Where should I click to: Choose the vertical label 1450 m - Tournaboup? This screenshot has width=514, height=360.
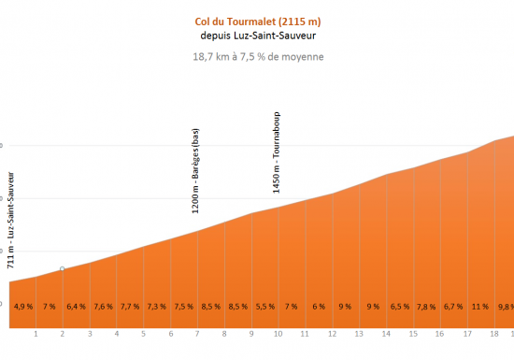click(277, 152)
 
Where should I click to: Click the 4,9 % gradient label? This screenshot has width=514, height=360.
click(23, 306)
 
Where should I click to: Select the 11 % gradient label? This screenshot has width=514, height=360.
click(480, 306)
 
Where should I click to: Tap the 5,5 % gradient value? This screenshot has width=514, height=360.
click(264, 306)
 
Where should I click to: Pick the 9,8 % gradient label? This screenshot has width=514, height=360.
click(506, 306)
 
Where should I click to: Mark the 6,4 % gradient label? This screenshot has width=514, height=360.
click(77, 306)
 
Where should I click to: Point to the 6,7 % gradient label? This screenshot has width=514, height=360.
click(453, 306)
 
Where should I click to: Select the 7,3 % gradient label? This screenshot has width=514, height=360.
click(157, 306)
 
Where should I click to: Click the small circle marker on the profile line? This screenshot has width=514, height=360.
click(63, 269)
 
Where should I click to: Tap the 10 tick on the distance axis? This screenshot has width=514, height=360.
click(278, 334)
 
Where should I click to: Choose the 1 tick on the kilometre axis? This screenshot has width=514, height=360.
click(36, 334)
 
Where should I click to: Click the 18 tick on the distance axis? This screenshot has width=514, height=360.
click(494, 334)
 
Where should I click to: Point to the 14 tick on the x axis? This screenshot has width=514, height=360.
click(386, 334)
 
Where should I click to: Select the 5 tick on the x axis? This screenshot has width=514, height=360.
click(143, 334)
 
